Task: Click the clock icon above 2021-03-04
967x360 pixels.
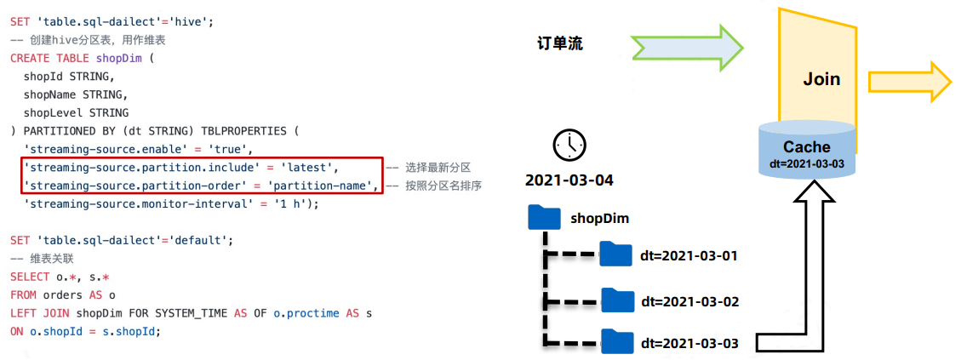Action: [567, 146]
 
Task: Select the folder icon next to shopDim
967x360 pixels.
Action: [544, 217]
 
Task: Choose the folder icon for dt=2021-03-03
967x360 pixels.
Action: [617, 342]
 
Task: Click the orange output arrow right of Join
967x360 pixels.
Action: [909, 83]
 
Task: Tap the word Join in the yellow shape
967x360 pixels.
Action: [821, 79]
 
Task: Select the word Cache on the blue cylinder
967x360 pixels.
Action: [806, 147]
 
